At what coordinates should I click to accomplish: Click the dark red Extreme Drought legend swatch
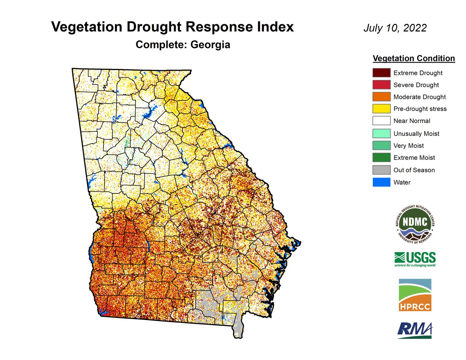click(381, 73)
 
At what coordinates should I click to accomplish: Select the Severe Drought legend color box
click(381, 85)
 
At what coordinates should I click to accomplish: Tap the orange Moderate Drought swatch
click(381, 97)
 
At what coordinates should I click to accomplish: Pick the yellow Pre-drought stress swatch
click(381, 109)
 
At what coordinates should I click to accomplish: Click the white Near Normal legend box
click(381, 121)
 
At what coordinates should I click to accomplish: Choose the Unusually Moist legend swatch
click(381, 133)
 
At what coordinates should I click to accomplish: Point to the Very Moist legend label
click(408, 146)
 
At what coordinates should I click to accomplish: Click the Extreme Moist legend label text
click(414, 158)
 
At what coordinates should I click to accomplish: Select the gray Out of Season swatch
click(381, 170)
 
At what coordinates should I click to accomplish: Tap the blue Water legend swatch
click(381, 182)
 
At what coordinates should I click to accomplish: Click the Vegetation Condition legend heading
click(414, 59)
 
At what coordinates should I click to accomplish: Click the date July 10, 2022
click(395, 28)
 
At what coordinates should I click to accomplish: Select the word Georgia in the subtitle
click(210, 45)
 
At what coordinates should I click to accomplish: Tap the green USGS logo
click(415, 259)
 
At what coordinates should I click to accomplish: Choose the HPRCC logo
click(415, 295)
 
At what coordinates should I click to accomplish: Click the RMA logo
click(415, 330)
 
